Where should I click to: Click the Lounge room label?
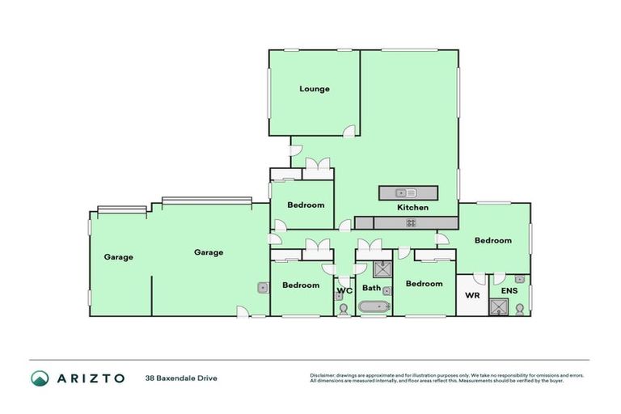(x=315, y=89)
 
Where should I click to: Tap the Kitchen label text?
(x=412, y=208)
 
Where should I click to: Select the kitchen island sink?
(x=405, y=192)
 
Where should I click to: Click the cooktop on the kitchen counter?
(x=411, y=222)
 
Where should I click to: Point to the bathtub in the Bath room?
(x=374, y=306)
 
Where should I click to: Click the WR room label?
(x=472, y=295)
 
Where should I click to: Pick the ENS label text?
(x=509, y=290)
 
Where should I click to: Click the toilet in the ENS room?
(x=520, y=307)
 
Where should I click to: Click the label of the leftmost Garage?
(x=118, y=257)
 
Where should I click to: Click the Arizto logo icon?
(x=40, y=378)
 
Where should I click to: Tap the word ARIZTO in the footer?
(x=91, y=378)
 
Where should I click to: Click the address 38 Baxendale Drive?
(x=181, y=378)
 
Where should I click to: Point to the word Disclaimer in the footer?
(x=324, y=375)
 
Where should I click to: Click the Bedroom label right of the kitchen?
(x=492, y=240)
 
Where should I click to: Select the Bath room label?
(x=371, y=288)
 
